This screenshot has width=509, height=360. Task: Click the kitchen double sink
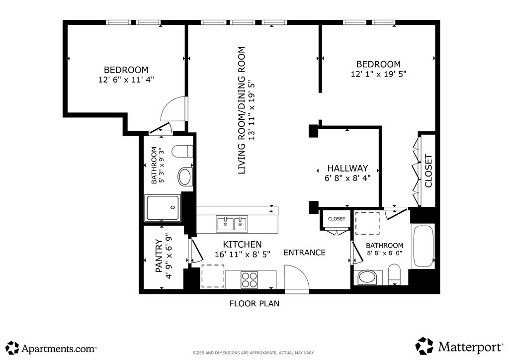click(232, 224)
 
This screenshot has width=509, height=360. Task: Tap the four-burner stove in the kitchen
click(250, 279)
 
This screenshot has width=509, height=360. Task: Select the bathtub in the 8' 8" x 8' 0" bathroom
click(423, 246)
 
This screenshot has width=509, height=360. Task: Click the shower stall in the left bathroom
click(163, 208)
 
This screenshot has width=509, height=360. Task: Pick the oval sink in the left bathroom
click(184, 177)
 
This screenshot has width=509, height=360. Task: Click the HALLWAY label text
click(347, 168)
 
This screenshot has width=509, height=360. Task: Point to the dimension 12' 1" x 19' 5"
click(378, 74)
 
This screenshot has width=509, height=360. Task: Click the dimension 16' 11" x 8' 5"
click(243, 254)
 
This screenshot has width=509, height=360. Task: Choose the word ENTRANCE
click(305, 253)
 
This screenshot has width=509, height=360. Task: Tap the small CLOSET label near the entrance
click(337, 219)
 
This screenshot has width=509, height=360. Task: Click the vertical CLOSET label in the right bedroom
click(428, 171)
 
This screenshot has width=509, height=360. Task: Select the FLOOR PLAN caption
click(254, 303)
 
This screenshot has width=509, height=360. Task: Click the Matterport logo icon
click(424, 346)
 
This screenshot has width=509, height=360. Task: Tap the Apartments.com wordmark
click(59, 349)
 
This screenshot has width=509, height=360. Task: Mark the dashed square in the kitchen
click(213, 276)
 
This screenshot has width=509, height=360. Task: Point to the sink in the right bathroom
click(367, 278)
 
